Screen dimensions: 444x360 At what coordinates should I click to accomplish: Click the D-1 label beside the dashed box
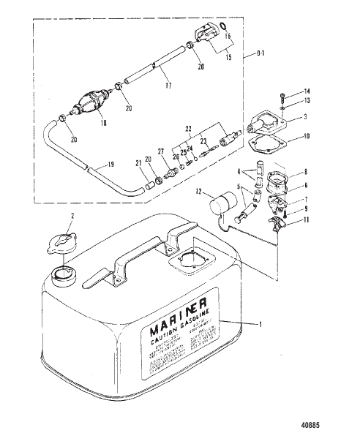[266, 54]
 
